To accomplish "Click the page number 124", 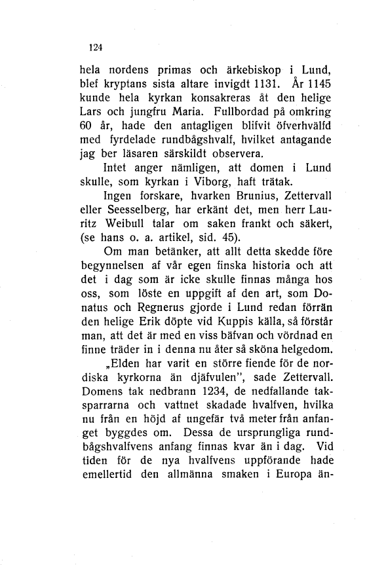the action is (x=96, y=46).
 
